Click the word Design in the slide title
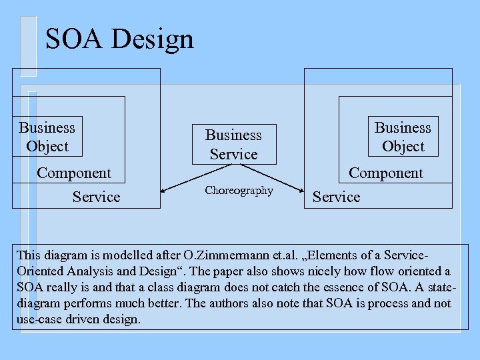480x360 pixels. point(152,39)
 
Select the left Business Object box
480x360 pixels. point(47,137)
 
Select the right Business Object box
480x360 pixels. point(403,137)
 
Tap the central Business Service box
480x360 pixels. point(233,144)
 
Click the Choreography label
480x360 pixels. point(239,191)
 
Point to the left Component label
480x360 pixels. point(74,173)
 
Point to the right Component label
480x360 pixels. point(386,173)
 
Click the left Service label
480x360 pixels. point(96,197)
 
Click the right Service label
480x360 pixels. point(336,197)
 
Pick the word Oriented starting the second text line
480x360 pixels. point(39,271)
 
